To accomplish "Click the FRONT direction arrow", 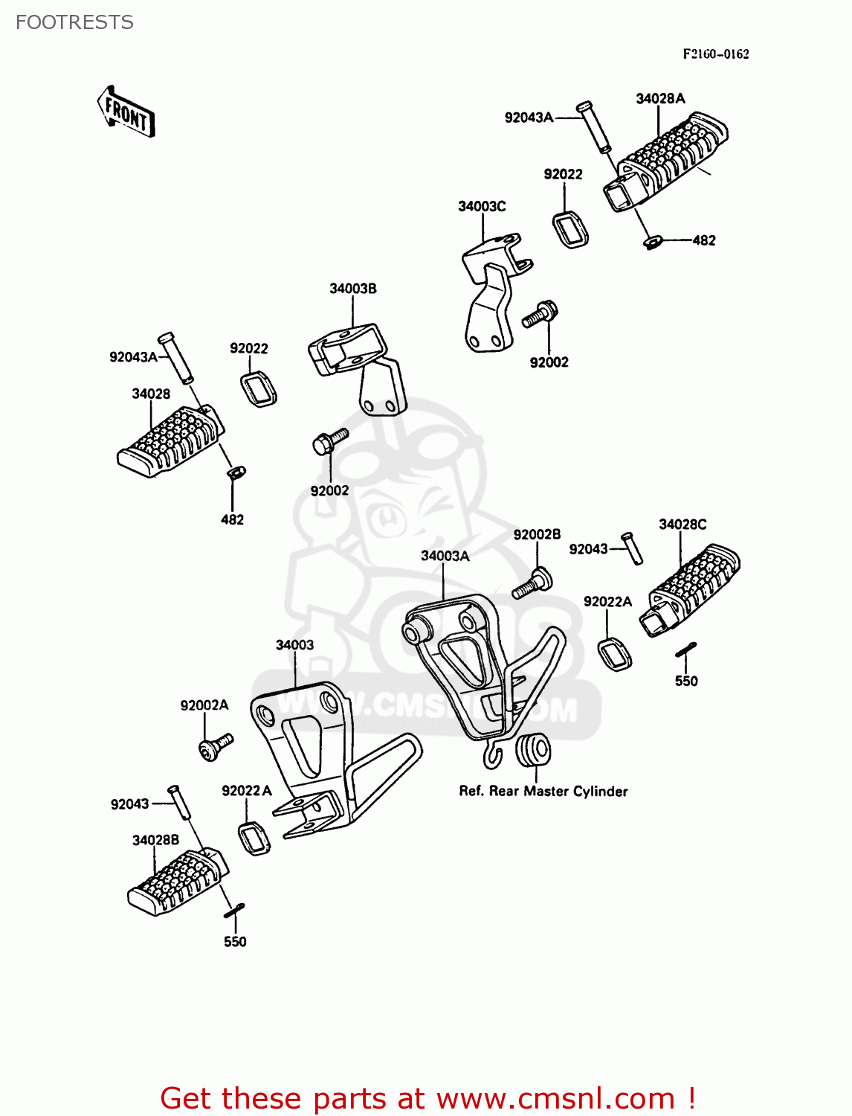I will click(126, 112).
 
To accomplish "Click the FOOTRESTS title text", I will click(74, 22).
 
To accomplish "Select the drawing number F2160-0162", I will click(716, 54).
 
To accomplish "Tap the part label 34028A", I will click(660, 98).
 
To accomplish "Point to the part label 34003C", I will click(482, 206).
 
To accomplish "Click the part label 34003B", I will click(353, 289).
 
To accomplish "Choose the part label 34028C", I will click(682, 524).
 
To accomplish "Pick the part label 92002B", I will click(537, 534).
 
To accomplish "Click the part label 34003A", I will click(445, 556).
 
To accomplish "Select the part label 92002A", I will click(204, 705).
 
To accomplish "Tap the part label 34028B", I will click(155, 840).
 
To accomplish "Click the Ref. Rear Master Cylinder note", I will click(543, 791).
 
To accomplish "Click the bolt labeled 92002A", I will click(216, 745).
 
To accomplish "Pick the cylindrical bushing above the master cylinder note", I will click(533, 749).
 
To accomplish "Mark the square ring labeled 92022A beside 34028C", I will click(615, 653).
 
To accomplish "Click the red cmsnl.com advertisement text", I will click(427, 1098).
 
